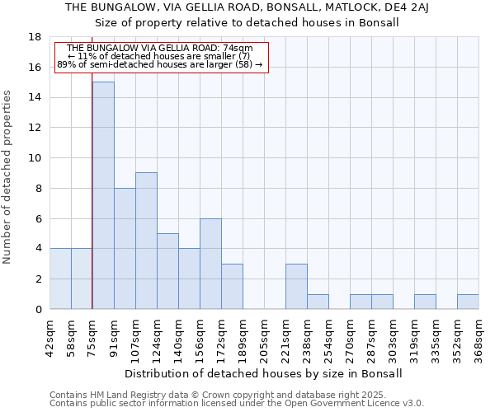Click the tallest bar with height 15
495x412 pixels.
pos(103,195)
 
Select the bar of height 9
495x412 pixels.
pos(146,241)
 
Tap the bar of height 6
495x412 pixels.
pos(210,264)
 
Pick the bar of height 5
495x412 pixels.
pos(167,271)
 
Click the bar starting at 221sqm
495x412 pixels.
pos(296,286)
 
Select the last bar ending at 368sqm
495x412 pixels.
pos(468,302)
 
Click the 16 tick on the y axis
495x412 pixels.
pos(35,68)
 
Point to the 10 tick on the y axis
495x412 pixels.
pos(35,158)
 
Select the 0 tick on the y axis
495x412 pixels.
pos(38,309)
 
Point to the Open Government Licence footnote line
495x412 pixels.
pos(237,403)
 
